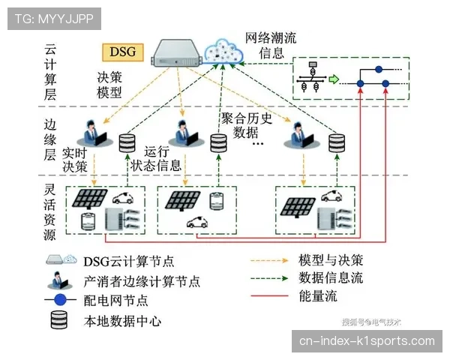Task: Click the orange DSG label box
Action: (123, 52)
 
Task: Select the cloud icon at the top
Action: (224, 49)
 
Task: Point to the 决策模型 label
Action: (109, 85)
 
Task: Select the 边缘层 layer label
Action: (51, 139)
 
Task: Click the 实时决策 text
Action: (75, 158)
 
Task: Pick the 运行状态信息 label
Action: (155, 157)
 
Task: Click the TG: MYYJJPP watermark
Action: (54, 18)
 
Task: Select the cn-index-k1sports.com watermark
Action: (367, 341)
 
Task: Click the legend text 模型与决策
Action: (330, 260)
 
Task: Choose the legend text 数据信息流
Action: (330, 278)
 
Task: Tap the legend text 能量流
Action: (318, 296)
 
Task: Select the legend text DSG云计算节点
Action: (128, 261)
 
